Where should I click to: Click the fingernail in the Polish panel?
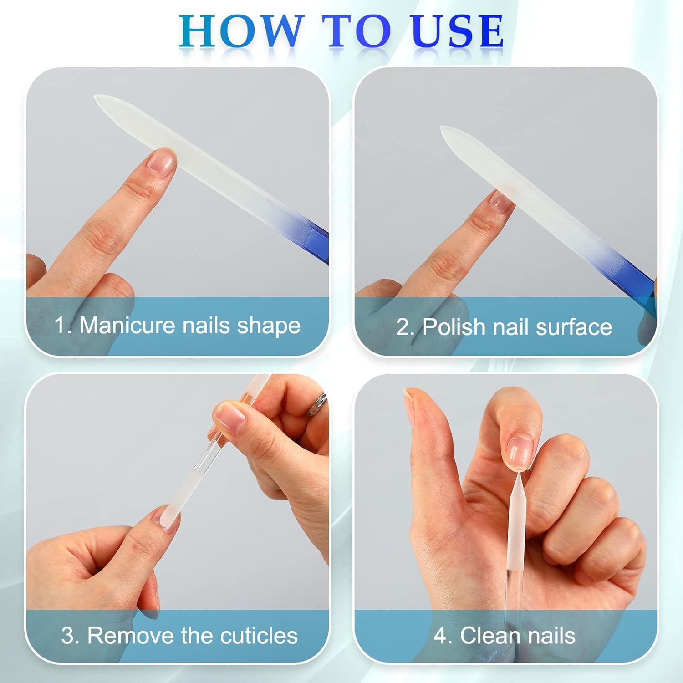pyautogui.click(x=501, y=201)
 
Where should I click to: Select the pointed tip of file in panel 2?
pyautogui.click(x=443, y=129)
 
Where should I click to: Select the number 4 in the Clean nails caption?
pyautogui.click(x=440, y=636)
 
